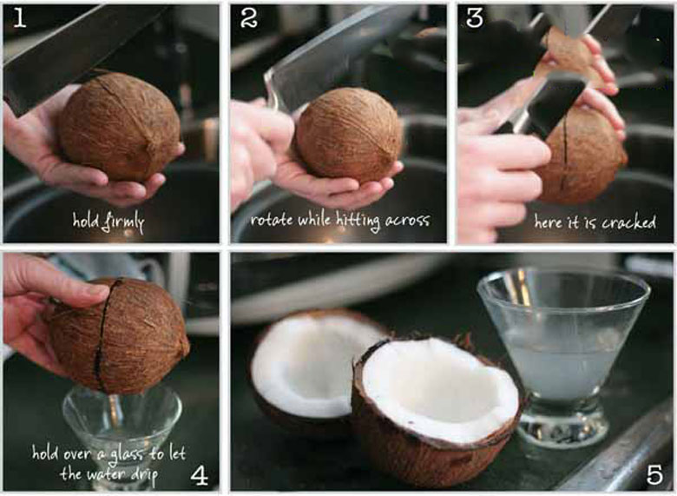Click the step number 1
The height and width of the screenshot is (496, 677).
(19, 18)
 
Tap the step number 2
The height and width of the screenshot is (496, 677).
(249, 18)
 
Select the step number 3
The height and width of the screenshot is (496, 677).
(475, 18)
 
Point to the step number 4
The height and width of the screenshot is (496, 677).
(199, 475)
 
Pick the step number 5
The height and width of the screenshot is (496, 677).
(654, 475)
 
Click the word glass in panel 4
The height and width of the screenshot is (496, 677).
(126, 454)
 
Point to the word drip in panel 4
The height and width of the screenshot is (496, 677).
(145, 475)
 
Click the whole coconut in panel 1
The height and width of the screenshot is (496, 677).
(120, 127)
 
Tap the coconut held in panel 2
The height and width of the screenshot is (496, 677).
(349, 136)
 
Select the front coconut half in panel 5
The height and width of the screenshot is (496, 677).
(437, 411)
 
